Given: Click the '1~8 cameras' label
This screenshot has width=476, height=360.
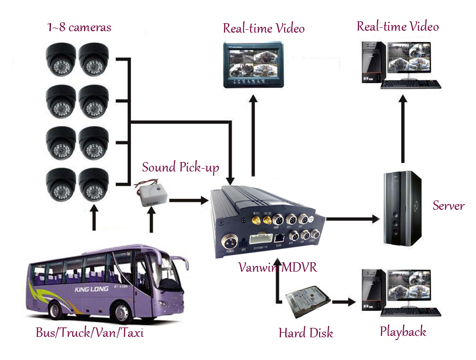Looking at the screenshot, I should click(x=79, y=27).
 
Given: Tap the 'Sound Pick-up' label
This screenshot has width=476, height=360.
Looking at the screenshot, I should click(x=181, y=167).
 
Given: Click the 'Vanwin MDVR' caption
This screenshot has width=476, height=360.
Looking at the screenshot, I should click(x=277, y=267).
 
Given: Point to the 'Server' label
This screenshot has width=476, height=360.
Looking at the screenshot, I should click(x=449, y=206).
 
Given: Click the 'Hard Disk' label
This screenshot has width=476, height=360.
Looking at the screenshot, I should click(x=306, y=333).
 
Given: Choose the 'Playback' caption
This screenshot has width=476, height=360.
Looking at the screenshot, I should click(x=403, y=332).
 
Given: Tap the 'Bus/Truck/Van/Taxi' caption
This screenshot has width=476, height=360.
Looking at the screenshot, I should click(x=90, y=333).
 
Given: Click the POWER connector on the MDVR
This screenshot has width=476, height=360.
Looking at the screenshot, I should click(x=230, y=242).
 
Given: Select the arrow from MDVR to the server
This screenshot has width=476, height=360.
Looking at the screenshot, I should click(x=352, y=219).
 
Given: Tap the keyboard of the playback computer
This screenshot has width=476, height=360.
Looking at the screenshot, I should click(x=411, y=312).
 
